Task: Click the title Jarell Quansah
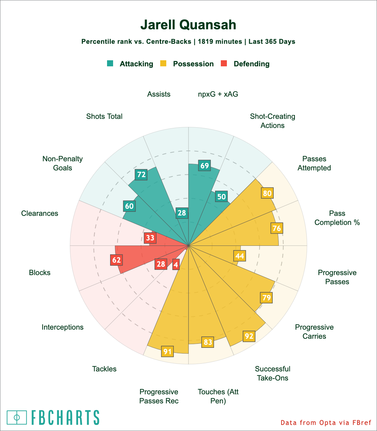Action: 188,25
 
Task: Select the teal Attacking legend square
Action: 110,63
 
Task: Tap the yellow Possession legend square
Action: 163,63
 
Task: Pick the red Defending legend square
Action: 224,63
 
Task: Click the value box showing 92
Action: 249,336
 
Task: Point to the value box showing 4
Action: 176,265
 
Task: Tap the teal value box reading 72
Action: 141,174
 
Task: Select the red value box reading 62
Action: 116,260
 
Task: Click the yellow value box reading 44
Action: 240,256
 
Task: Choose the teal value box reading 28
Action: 182,213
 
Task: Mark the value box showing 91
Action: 167,352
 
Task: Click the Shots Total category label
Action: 104,117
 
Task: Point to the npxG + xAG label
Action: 218,94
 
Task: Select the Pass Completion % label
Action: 337,218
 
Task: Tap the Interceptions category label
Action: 63,327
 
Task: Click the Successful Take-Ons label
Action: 273,373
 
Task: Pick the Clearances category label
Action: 40,213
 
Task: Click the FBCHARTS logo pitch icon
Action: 17,418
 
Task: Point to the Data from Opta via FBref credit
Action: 326,422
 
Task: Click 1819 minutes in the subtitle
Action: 220,42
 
